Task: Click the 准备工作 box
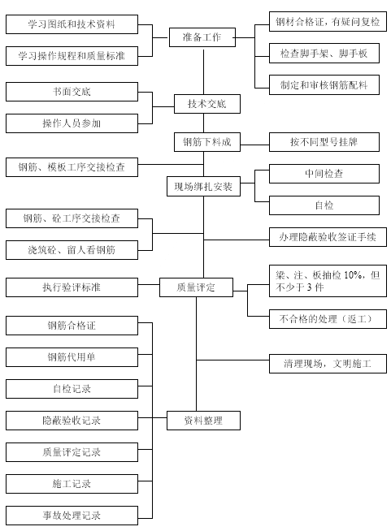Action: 202,37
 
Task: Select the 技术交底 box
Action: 207,104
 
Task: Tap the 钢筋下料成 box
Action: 207,142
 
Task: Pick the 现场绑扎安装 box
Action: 203,186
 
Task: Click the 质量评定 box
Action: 197,287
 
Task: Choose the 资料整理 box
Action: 203,421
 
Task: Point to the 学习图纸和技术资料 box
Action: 72,24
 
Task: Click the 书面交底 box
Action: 72,92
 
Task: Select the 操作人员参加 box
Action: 72,123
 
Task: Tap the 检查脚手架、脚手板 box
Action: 324,53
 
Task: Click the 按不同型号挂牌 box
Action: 324,142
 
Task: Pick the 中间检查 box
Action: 324,174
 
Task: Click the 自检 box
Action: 324,205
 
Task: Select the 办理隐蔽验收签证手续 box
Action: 328,237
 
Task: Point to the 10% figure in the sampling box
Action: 352,275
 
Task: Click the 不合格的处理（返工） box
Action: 328,319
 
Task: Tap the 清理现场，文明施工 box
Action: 328,364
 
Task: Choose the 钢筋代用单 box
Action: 72,357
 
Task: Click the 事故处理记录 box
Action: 72,516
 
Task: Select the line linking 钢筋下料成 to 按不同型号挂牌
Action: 254,145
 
